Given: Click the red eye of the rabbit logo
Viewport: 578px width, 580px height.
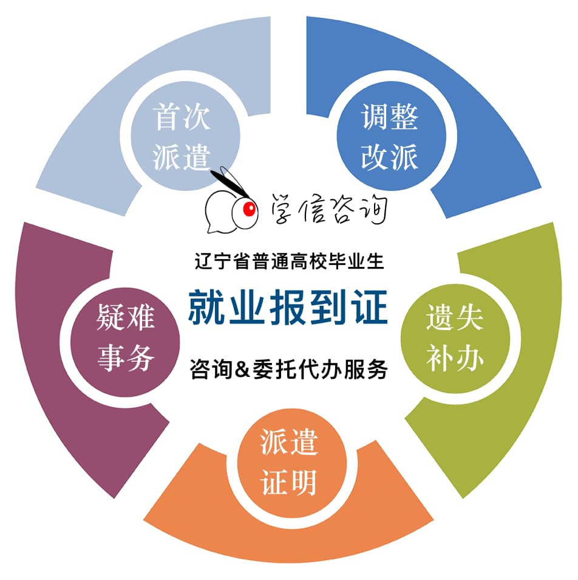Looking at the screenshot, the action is click(249, 210).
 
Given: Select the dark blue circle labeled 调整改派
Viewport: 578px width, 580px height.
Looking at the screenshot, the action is click(391, 136).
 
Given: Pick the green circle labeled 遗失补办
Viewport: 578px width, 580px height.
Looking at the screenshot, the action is click(455, 338).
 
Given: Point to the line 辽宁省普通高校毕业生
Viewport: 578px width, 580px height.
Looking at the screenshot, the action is click(289, 261).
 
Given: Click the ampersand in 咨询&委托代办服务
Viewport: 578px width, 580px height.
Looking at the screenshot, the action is click(242, 369).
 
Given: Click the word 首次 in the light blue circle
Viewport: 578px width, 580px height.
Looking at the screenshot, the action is click(182, 117).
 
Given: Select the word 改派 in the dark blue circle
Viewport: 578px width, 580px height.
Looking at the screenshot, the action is click(390, 157).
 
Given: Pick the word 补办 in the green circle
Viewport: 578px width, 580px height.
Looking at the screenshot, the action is click(455, 358).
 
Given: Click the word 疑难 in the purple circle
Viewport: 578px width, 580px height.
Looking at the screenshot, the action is click(126, 317).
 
